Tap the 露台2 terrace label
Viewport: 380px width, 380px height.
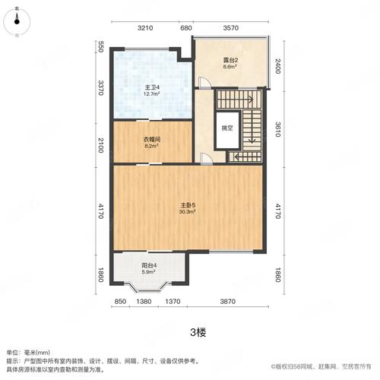(230, 61)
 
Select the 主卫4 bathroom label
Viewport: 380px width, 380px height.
(153, 87)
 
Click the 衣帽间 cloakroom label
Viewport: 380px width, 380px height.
(153, 139)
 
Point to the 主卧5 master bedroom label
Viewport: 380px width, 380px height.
(188, 204)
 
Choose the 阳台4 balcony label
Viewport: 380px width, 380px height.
(148, 265)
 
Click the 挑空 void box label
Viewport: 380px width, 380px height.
(227, 128)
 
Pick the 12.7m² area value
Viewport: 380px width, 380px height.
(153, 95)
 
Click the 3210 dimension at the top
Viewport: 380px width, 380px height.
(146, 28)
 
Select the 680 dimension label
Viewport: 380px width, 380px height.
(185, 28)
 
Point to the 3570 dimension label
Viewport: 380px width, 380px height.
(231, 28)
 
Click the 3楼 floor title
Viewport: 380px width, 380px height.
(190, 331)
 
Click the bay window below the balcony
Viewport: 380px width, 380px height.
(148, 287)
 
